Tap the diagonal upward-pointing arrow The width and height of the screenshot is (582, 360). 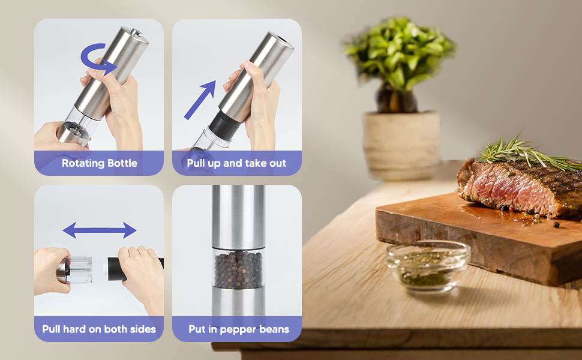200,100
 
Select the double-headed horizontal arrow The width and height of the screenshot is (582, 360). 100,230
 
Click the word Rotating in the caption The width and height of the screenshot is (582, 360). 83,163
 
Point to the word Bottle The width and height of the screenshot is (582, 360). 122,163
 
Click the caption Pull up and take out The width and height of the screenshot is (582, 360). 236,163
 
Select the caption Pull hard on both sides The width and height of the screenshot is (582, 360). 99,329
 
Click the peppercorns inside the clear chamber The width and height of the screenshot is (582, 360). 238,269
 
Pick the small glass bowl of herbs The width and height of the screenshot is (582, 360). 428,265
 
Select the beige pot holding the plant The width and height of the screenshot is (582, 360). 401,145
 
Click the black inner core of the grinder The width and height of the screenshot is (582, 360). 226,125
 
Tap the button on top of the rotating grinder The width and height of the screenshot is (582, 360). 137,33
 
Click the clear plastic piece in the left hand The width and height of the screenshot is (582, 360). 80,269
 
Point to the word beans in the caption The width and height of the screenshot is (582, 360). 275,329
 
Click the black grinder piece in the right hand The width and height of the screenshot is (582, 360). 116,269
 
